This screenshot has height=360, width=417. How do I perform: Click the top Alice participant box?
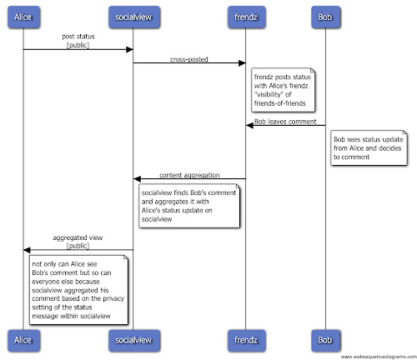[23, 17]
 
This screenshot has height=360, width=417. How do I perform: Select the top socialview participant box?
[134, 17]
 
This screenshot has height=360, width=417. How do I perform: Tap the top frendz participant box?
[246, 17]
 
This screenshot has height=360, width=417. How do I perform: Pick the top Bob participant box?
[325, 17]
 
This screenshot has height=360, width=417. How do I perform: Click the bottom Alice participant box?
[23, 340]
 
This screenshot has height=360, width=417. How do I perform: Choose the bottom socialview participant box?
[134, 340]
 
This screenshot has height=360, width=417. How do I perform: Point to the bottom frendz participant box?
[246, 340]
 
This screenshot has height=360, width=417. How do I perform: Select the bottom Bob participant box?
[325, 340]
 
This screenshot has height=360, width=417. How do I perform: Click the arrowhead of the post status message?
[129, 50]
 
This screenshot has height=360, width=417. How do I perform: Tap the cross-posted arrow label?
[189, 59]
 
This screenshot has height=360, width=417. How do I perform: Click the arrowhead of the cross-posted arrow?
[242, 63]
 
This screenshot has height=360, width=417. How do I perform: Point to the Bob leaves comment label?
[285, 122]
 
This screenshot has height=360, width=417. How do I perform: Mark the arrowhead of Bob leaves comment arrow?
[249, 126]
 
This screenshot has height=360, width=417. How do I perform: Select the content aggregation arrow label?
[189, 175]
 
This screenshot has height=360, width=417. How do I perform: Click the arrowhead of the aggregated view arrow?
[27, 250]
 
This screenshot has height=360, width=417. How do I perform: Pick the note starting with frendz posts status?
[283, 90]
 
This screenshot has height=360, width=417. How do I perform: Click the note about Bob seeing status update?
[369, 148]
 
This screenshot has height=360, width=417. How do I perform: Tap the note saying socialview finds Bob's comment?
[189, 206]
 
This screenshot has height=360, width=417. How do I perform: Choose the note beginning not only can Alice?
[78, 290]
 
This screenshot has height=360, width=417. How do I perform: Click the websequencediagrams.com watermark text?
[379, 357]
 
